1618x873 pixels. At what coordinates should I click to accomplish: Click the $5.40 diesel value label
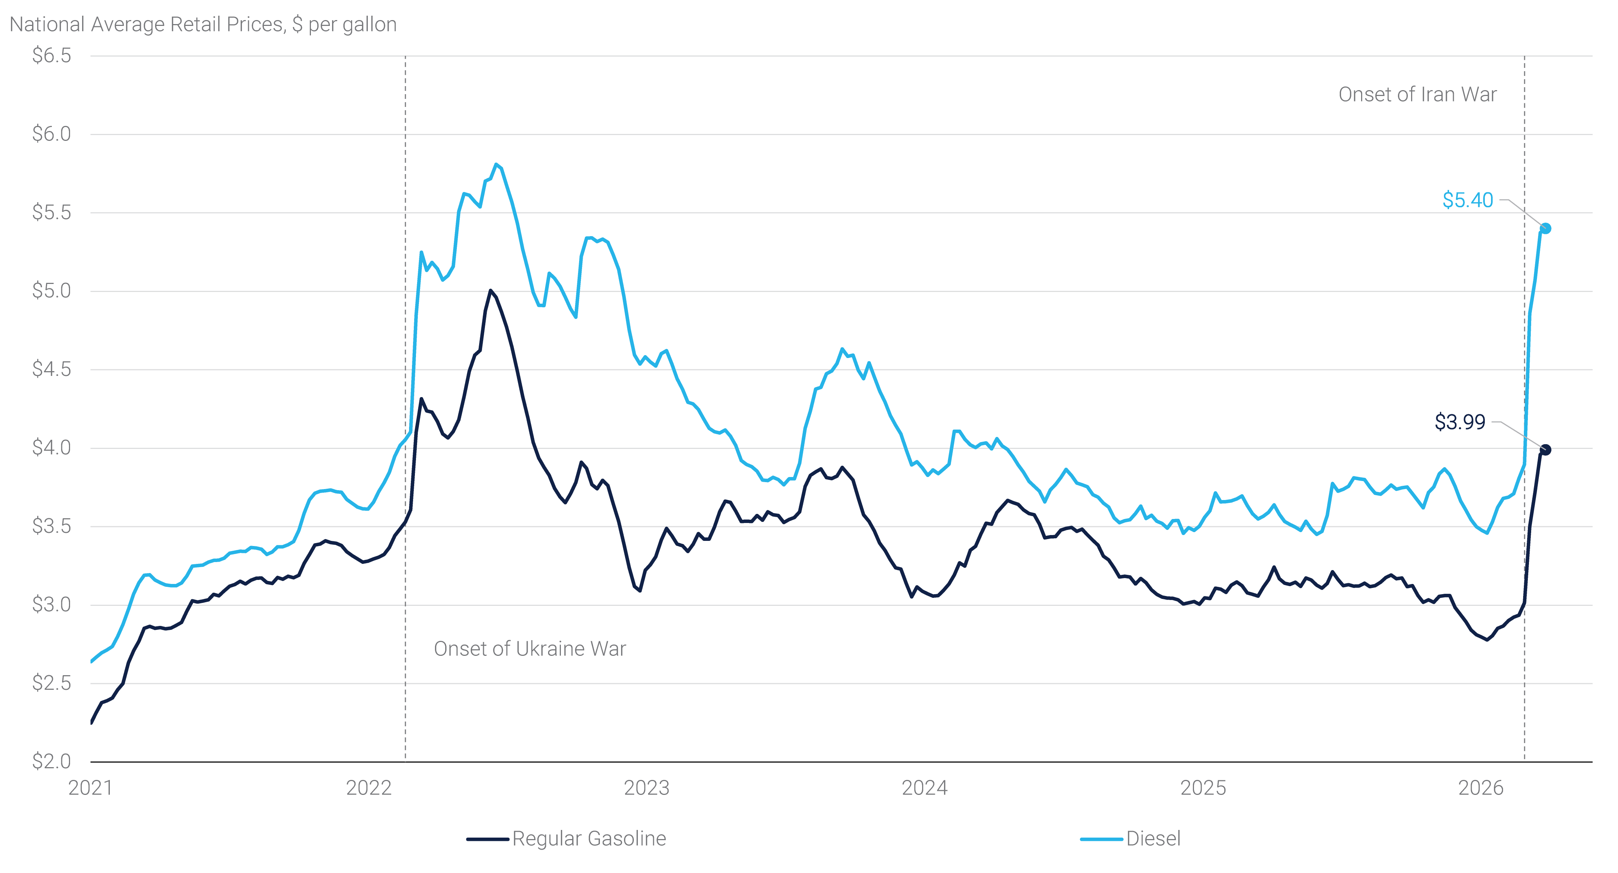click(1467, 200)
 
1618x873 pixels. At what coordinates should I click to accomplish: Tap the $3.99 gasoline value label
click(1460, 422)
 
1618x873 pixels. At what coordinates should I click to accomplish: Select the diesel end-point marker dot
click(1546, 228)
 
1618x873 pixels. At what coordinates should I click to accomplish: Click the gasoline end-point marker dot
click(1546, 450)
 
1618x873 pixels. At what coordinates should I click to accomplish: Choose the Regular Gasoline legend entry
click(589, 838)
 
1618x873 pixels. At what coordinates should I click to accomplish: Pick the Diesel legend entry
click(1153, 838)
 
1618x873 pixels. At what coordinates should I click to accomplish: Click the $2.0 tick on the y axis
click(51, 761)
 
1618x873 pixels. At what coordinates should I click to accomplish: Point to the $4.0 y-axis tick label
click(51, 448)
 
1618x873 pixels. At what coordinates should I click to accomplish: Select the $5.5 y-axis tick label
click(51, 212)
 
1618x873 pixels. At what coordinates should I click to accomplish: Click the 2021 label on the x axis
click(90, 788)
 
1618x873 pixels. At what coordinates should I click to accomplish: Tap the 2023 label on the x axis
click(646, 788)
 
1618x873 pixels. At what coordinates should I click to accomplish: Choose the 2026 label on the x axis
click(1480, 788)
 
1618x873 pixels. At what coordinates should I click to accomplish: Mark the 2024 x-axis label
click(925, 788)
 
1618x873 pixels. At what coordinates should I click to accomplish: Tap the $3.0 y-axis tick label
click(51, 605)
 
